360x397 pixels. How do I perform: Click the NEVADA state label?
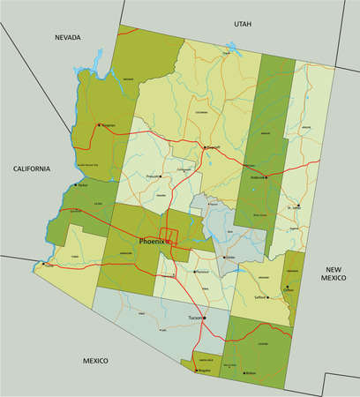[x=67, y=37]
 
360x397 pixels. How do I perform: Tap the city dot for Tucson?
[x=204, y=318]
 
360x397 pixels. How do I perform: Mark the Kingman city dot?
[x=99, y=124]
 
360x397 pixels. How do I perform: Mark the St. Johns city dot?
[x=298, y=206]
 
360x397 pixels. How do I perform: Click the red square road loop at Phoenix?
[x=172, y=236]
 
